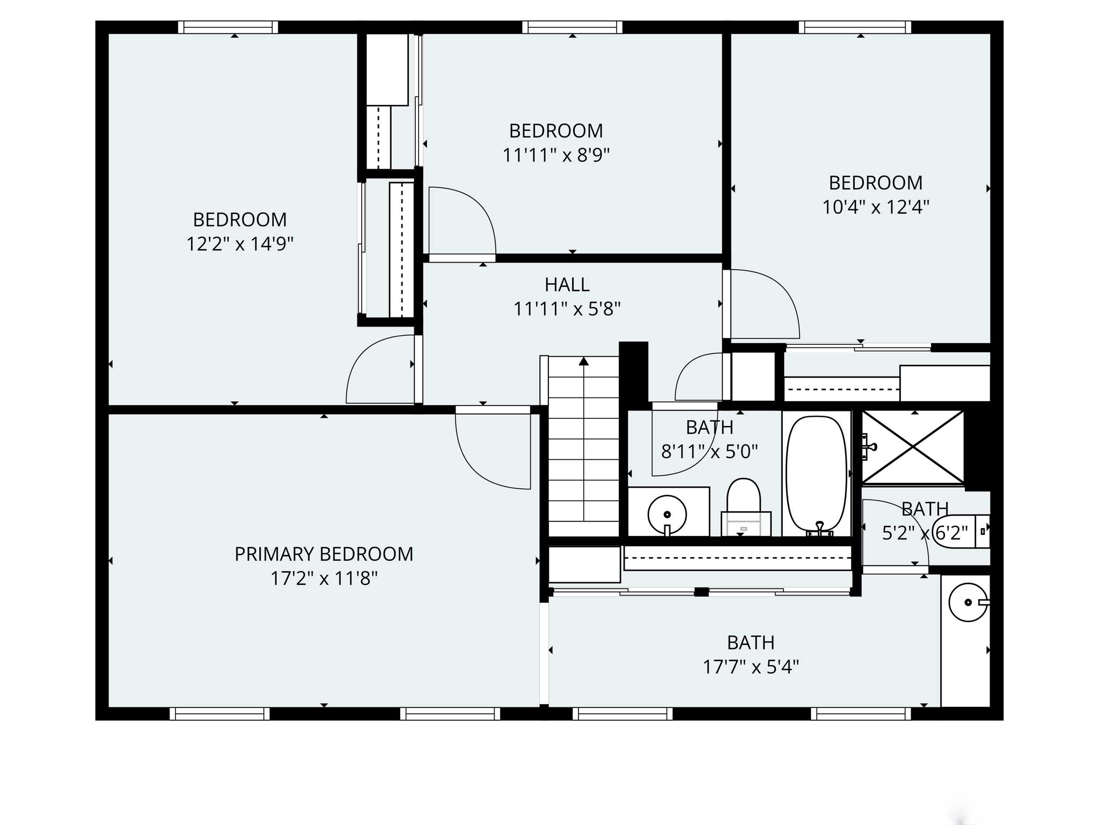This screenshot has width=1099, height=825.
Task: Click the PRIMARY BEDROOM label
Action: tap(324, 554)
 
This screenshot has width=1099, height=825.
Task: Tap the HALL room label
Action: tap(567, 284)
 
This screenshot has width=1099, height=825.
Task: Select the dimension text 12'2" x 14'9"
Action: tap(239, 244)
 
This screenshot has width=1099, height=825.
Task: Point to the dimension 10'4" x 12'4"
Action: tap(875, 207)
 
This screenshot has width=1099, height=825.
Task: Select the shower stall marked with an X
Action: tap(913, 447)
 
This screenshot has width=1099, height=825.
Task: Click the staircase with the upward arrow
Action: tap(583, 440)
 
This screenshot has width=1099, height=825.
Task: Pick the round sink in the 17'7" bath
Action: tap(968, 603)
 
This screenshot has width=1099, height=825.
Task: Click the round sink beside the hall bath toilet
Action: tap(667, 515)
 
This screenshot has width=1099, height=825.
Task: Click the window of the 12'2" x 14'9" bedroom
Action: tap(228, 27)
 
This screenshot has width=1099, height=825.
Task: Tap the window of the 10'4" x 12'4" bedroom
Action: tap(855, 27)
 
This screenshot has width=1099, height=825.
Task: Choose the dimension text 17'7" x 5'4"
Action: tap(750, 668)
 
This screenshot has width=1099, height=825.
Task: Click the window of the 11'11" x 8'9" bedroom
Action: tap(572, 27)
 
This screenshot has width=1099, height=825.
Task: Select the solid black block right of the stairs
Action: tap(634, 373)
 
